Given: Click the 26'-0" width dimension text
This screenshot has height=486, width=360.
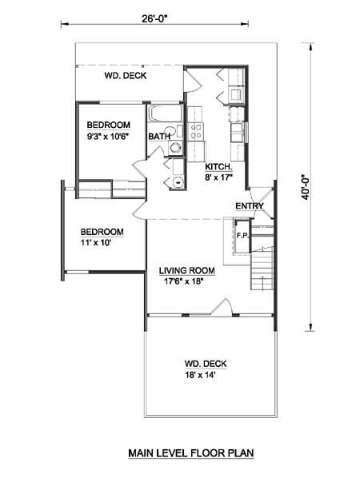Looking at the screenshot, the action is tap(154, 18).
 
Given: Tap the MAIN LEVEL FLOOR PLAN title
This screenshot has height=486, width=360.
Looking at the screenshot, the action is tap(191, 453).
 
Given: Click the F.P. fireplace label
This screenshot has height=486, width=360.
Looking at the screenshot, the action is tap(243, 236).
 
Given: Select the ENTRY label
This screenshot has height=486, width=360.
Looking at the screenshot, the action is tap(250, 205).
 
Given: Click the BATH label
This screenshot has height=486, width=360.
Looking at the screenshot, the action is tap(159, 137).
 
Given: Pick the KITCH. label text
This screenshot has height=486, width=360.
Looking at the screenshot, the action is tap(218, 167).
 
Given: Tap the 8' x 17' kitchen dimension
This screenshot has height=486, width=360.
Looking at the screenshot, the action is tap(218, 177).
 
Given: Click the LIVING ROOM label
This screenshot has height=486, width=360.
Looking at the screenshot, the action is tap(187, 271).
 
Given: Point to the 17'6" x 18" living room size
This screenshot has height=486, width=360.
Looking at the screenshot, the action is tap(183, 281).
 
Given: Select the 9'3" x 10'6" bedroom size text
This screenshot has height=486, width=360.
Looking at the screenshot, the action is tap(108, 137).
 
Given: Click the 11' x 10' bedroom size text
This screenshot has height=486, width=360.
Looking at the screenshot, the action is tap(96, 243).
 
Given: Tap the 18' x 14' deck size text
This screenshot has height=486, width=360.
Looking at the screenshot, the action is tap(200, 375).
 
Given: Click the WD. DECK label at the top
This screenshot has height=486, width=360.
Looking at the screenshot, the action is tap(126, 76).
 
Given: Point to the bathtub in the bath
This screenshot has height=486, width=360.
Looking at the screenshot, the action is tap(165, 114).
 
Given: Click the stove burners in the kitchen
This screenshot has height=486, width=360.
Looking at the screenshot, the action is tap(195, 131).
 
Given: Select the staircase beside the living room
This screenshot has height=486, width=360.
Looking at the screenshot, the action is tap(262, 258).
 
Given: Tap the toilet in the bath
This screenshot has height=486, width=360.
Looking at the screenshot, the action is tap(171, 131).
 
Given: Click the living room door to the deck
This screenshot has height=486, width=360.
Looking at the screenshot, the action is tap(222, 307).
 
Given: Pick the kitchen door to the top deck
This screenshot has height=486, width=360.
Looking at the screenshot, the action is tap(191, 82).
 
